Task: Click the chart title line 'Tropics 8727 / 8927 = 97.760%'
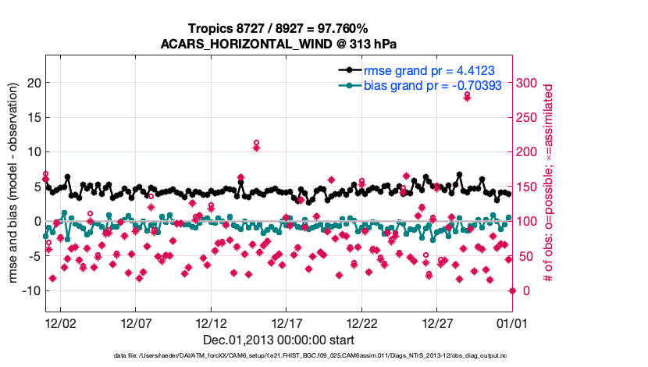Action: [284, 29]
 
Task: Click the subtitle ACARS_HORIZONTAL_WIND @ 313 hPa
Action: [284, 44]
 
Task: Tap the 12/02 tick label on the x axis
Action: [59, 323]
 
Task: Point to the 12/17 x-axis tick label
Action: [286, 323]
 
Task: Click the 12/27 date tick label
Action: [437, 323]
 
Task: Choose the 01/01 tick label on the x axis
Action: [512, 323]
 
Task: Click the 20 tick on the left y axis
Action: [33, 83]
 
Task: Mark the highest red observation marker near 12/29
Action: [467, 97]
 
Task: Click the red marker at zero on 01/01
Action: [512, 290]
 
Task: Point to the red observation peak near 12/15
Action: [256, 146]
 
